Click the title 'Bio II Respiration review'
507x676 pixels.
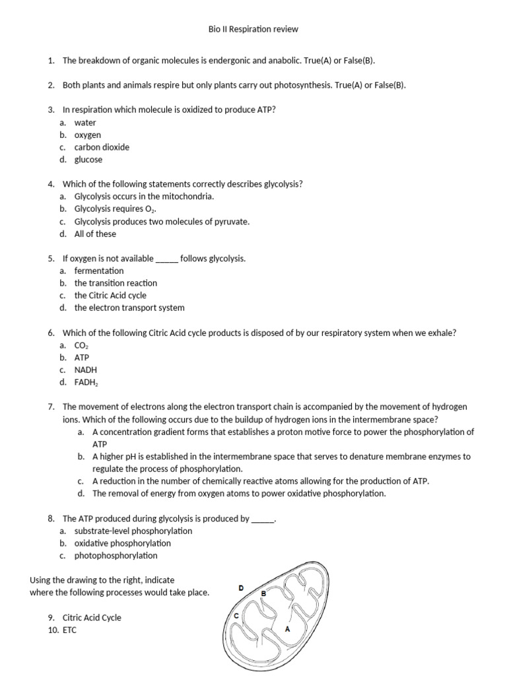(253, 30)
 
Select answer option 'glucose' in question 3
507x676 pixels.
(88, 160)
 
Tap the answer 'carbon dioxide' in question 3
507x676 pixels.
(102, 147)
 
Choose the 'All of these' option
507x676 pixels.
(95, 234)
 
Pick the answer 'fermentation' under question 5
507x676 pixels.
(99, 271)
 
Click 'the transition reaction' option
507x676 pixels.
(116, 283)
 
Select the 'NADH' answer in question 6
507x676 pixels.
(86, 370)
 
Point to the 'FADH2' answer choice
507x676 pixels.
(86, 383)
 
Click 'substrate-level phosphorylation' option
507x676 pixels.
(133, 531)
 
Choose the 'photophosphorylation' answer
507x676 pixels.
(116, 556)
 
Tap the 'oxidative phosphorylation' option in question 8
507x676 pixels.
(123, 543)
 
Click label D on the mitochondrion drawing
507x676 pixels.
(241, 588)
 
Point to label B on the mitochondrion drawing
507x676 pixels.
(264, 594)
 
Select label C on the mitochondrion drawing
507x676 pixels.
(236, 615)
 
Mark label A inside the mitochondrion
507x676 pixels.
(287, 629)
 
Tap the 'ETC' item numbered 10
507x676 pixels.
(70, 630)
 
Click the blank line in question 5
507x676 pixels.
(166, 259)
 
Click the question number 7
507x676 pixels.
(51, 407)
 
